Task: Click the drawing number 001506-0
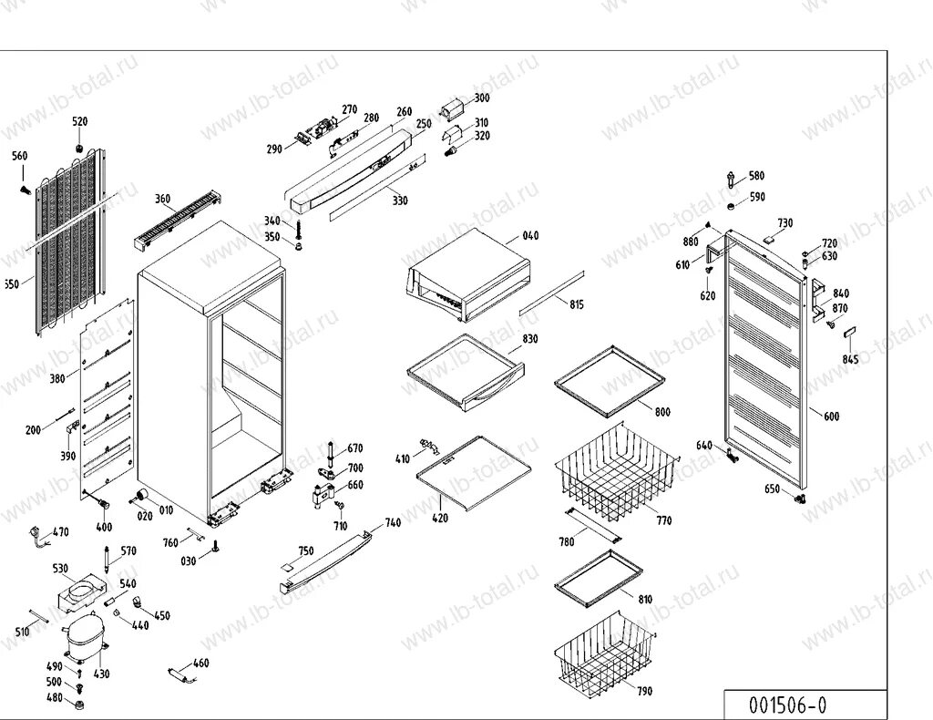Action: [787, 705]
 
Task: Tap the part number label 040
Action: [530, 236]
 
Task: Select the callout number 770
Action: [663, 521]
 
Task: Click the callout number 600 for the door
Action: [831, 417]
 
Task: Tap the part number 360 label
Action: [162, 199]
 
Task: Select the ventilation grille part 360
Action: [179, 219]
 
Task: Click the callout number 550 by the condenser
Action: [9, 284]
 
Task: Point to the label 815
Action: [576, 304]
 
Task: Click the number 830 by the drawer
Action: [529, 339]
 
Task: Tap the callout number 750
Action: [305, 550]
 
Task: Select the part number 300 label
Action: [481, 98]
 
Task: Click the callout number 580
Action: [756, 176]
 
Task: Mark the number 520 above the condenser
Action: [80, 121]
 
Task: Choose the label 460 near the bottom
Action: [201, 663]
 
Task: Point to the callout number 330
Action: [399, 200]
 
